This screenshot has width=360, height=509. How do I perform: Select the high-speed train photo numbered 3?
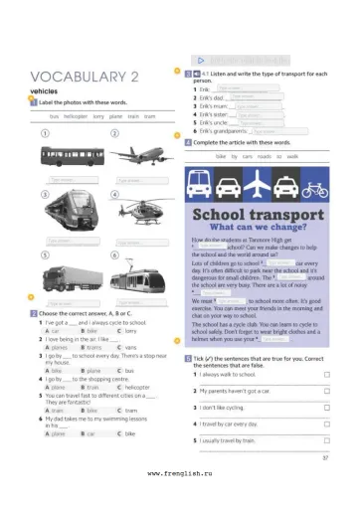coord(68,212)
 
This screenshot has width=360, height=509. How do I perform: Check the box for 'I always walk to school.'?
coord(326,375)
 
